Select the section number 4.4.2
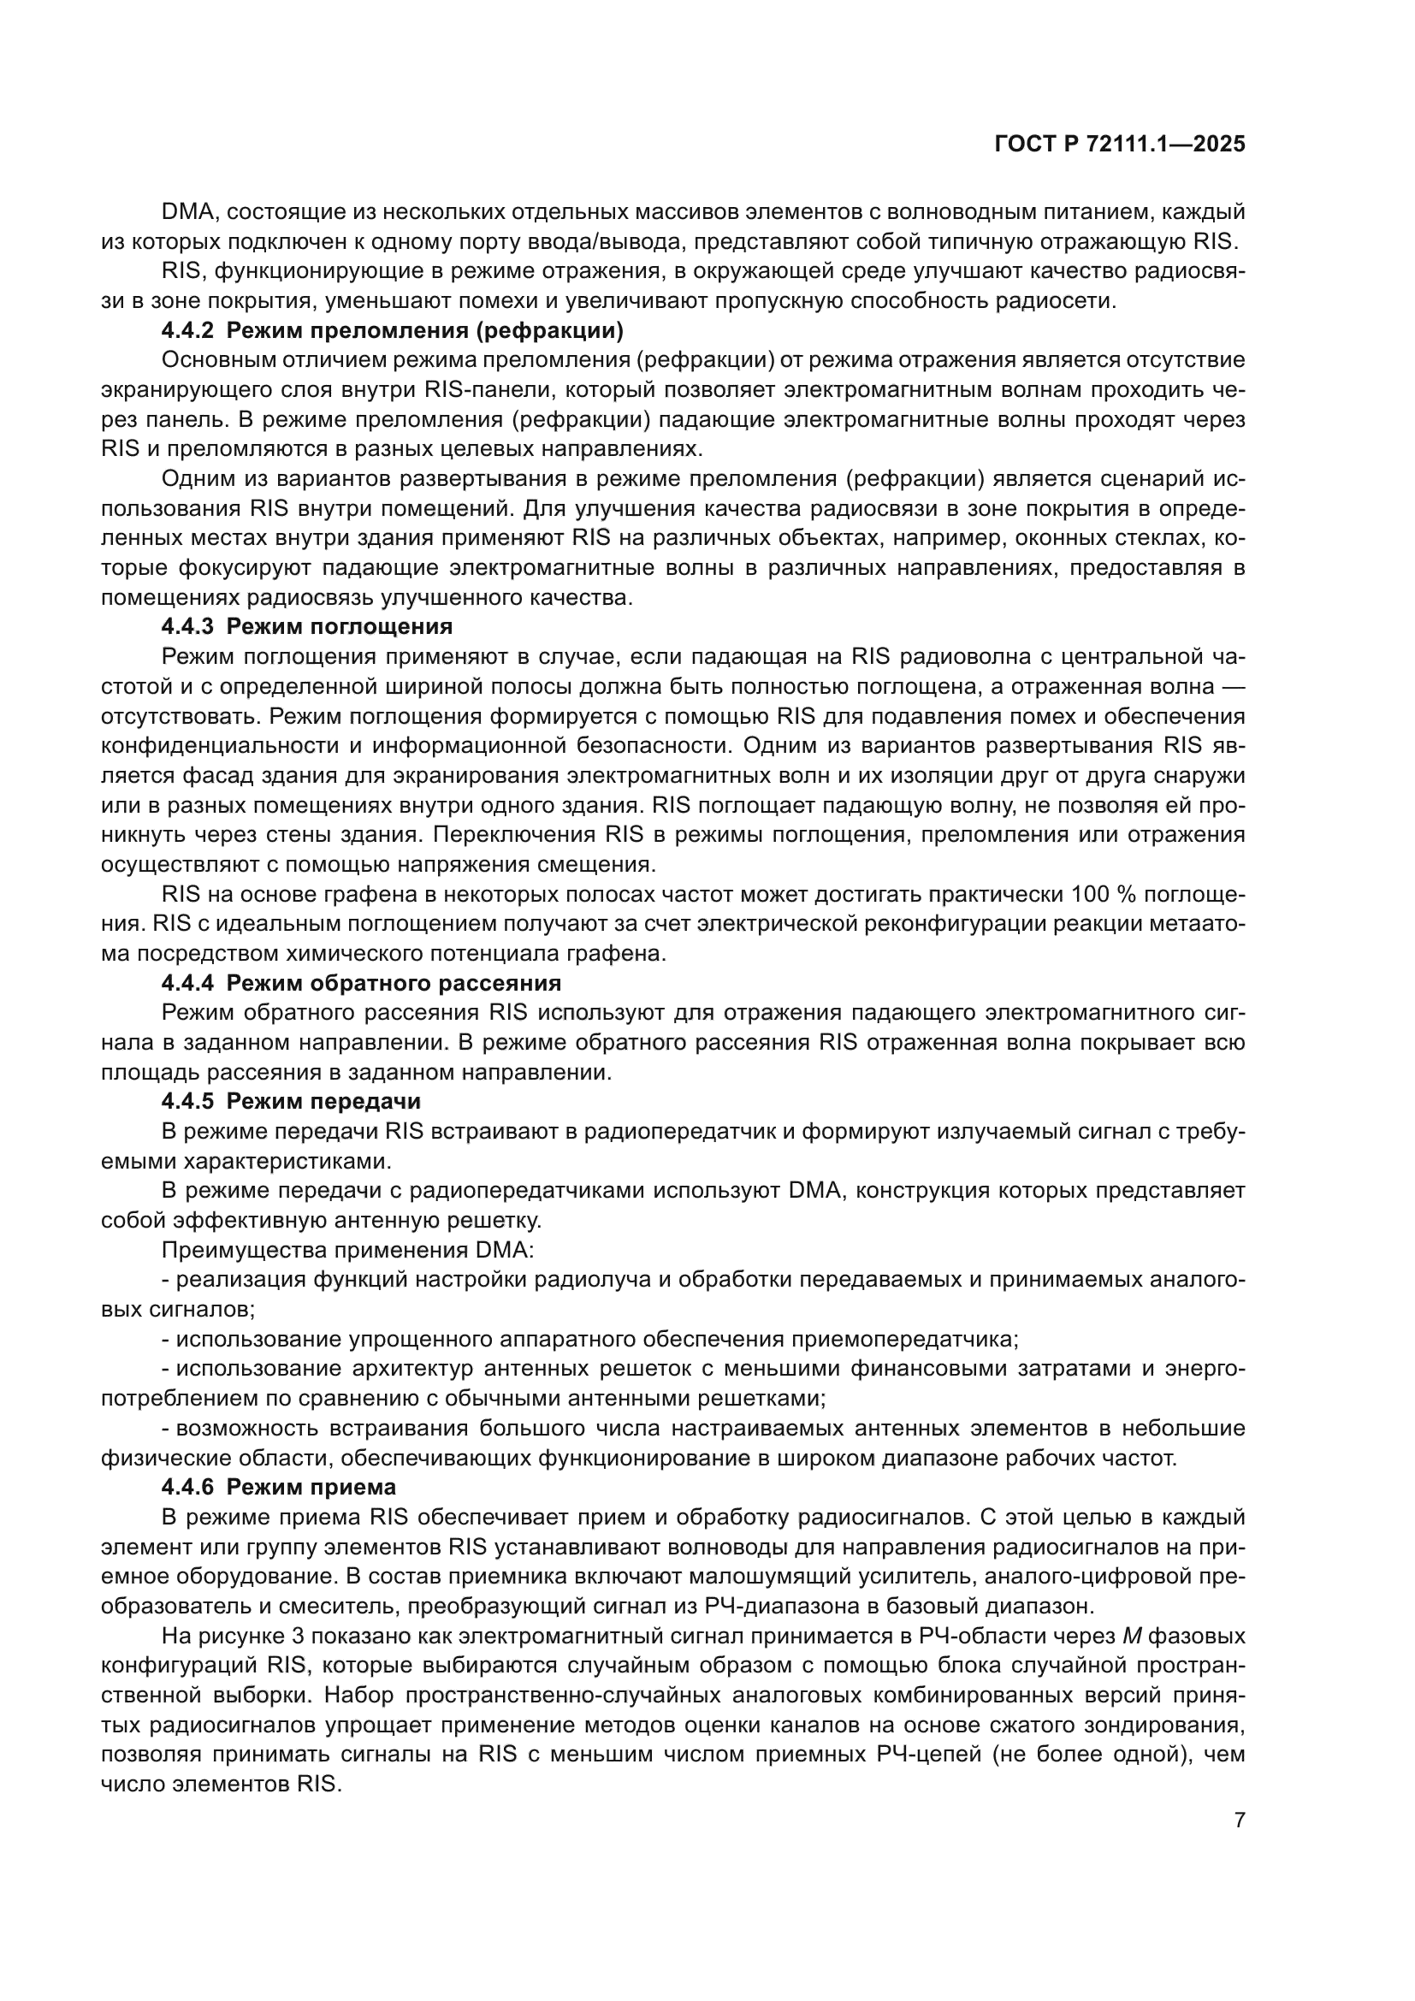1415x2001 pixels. tap(187, 331)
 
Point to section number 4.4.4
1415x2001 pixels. tap(187, 983)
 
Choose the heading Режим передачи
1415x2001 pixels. tap(323, 1102)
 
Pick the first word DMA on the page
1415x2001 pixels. tap(182, 212)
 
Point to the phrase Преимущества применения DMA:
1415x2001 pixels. tap(347, 1250)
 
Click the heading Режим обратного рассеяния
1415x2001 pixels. tap(394, 983)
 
